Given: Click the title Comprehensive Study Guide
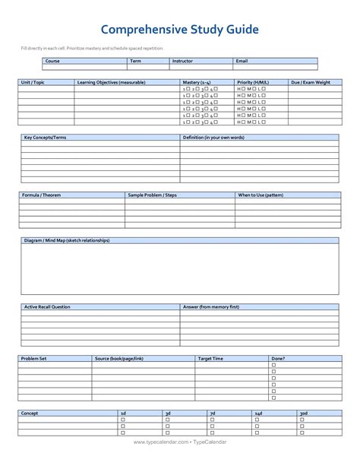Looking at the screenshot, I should [x=180, y=30].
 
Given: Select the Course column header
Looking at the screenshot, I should [x=52, y=61].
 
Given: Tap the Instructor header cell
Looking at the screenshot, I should [x=183, y=61].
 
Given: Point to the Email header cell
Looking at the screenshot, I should [x=242, y=61].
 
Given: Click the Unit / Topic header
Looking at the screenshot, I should [x=33, y=81].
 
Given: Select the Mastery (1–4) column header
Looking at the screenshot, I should [x=197, y=81].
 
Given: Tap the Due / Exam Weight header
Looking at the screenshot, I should [x=310, y=81].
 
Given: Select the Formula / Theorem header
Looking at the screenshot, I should [x=42, y=195].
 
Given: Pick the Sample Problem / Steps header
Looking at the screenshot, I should [x=152, y=195].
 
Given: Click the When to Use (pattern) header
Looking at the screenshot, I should [x=262, y=195].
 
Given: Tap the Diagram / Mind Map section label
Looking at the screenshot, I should [x=67, y=240].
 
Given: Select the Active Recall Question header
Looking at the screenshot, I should [x=47, y=307].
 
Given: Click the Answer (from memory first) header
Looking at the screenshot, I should [x=211, y=307].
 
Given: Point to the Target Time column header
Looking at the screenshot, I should [x=210, y=358].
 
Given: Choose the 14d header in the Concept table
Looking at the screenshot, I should [x=258, y=413].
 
